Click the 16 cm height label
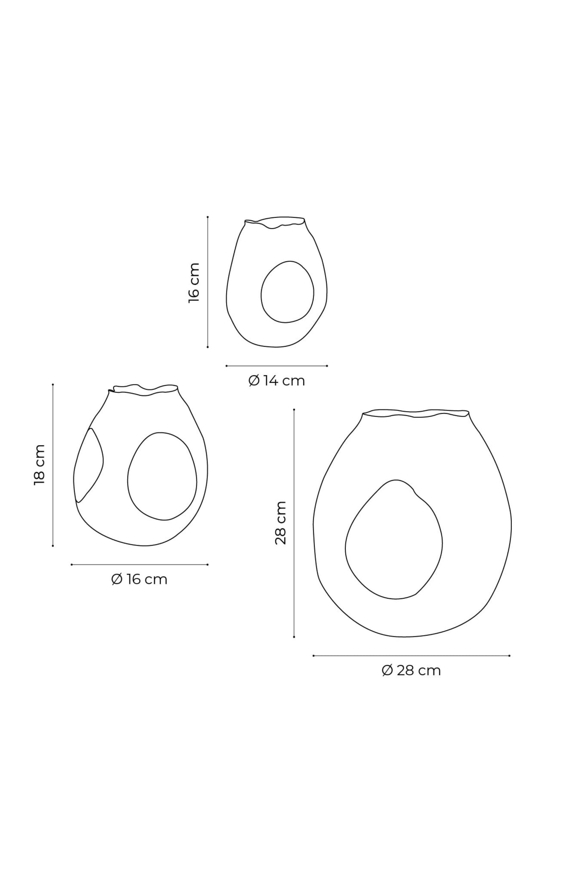point(194,282)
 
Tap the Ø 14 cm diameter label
point(277,380)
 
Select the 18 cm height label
point(39,465)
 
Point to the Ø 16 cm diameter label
point(139,579)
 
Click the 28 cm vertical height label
point(281,523)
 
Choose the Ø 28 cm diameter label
point(411,671)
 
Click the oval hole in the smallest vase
point(286,292)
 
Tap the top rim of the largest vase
point(416,413)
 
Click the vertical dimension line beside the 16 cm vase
point(207,281)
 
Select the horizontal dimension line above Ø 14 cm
point(277,366)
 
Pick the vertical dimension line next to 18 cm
point(53,465)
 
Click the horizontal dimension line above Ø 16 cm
point(139,564)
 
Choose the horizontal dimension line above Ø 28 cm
point(411,656)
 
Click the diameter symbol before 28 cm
point(387,671)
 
